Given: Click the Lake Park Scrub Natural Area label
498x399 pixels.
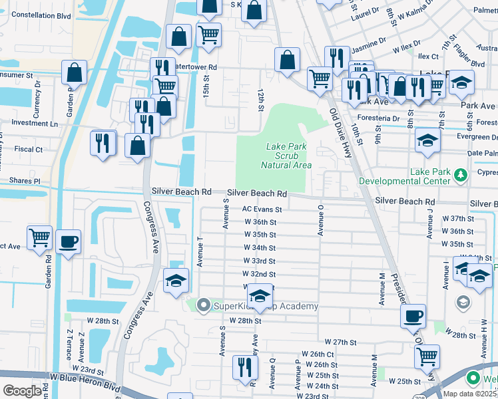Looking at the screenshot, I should pos(286,156).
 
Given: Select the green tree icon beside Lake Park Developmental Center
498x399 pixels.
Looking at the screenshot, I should pos(460,175).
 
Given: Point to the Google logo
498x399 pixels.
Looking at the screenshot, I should pos(21,391).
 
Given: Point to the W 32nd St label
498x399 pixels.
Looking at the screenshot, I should pos(259,274).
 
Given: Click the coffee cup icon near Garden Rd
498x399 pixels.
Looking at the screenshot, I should pos(67,242).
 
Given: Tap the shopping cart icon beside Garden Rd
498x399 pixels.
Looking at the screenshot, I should pos(40,237).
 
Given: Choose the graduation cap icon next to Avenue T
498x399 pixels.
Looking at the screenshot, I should pos(176,282).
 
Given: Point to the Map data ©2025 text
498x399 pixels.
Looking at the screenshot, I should pos(469,393).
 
